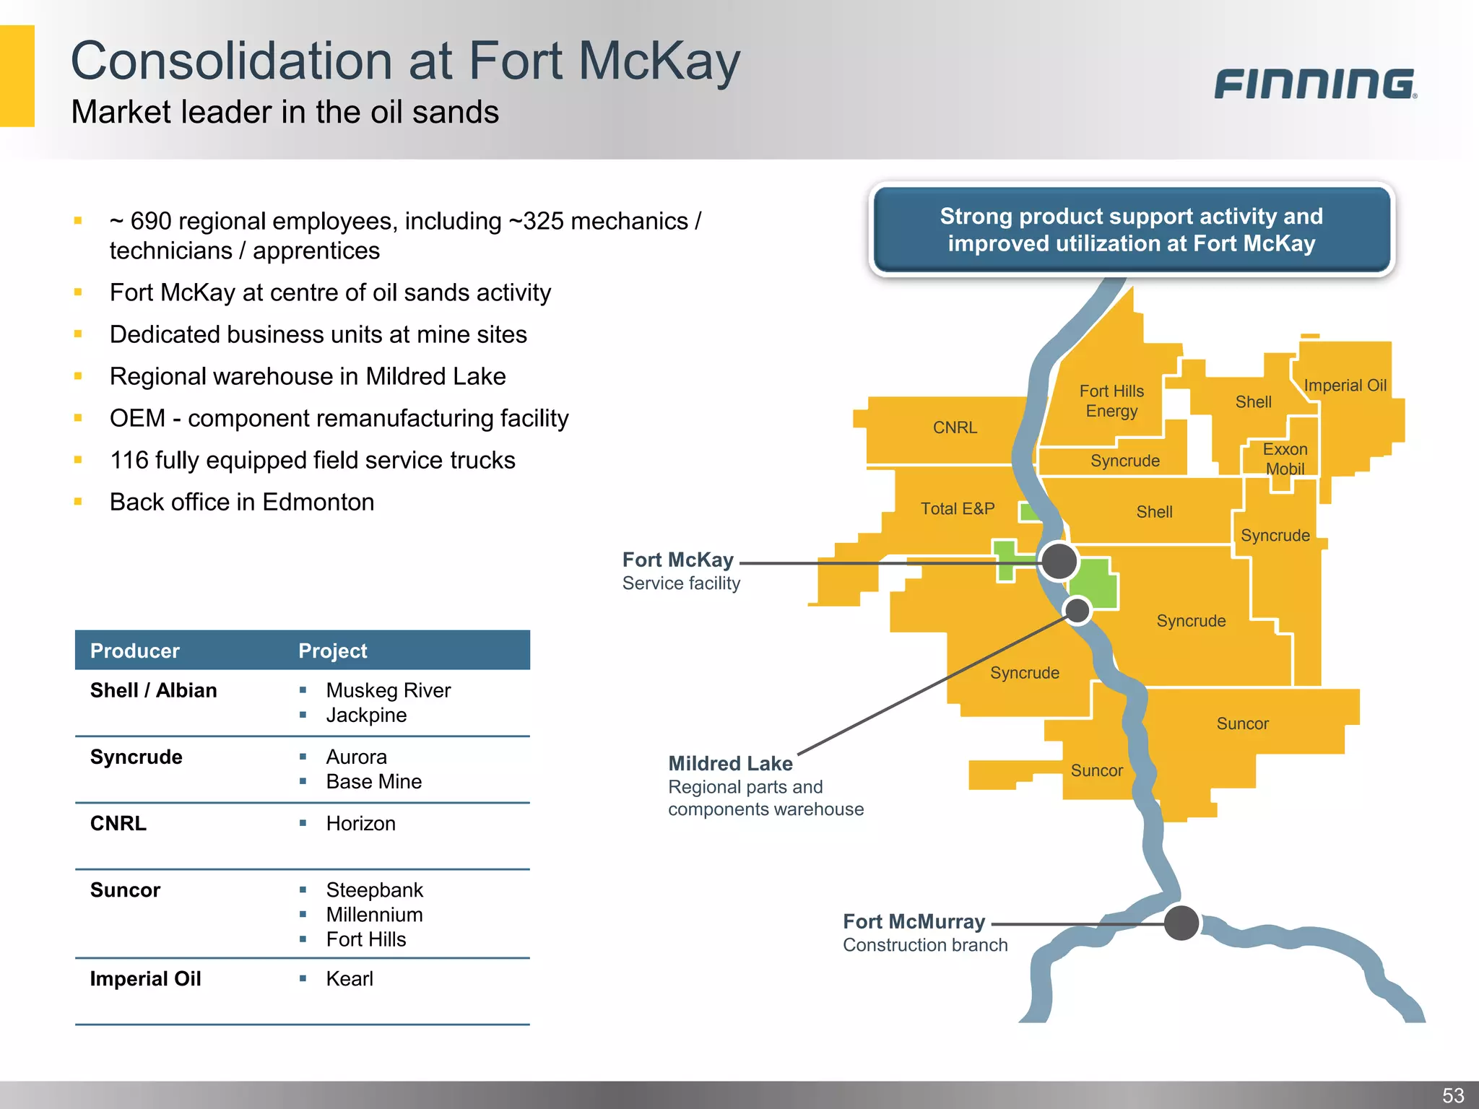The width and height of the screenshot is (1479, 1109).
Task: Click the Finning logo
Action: tap(1315, 84)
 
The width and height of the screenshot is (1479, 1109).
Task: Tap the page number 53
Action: tap(1453, 1095)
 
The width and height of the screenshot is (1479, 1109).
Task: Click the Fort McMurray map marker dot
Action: tap(1181, 923)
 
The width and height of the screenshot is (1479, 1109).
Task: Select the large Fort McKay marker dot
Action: tap(1059, 561)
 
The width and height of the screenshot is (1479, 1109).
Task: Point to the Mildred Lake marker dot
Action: tap(1077, 610)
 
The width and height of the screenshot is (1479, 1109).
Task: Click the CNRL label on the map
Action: tap(955, 427)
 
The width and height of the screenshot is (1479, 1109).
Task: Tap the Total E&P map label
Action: tap(958, 508)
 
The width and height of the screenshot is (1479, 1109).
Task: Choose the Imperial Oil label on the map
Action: tap(1345, 386)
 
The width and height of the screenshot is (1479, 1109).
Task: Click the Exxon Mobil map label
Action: tap(1285, 458)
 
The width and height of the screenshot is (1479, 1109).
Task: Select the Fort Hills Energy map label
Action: tap(1111, 401)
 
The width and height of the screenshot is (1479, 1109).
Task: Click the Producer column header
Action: tap(135, 651)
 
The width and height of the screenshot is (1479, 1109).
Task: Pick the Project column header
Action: tap(333, 651)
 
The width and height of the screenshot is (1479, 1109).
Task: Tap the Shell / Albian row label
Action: tap(153, 690)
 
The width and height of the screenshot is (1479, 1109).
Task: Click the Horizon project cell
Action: tap(360, 823)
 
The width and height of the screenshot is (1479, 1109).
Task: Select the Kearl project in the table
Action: tap(350, 978)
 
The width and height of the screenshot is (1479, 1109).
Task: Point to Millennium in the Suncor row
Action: tap(374, 914)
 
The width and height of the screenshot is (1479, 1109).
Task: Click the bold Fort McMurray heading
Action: tap(914, 921)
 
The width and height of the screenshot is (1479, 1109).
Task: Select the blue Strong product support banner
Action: tap(1131, 230)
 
